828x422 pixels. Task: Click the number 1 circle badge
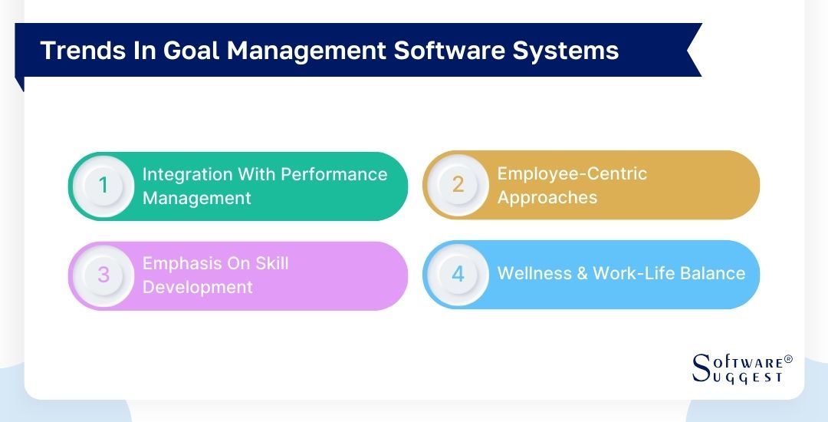coord(103,186)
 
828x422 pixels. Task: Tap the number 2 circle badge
coord(458,185)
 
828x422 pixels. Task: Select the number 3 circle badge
coord(103,275)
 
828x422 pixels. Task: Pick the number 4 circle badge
coord(458,275)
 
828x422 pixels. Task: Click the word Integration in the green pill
coord(187,174)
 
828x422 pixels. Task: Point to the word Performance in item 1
coord(333,174)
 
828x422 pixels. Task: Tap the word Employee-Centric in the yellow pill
coord(572,173)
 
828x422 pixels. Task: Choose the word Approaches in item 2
coord(547,197)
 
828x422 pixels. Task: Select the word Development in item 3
coord(197,288)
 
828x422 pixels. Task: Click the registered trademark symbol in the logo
coord(789,359)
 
